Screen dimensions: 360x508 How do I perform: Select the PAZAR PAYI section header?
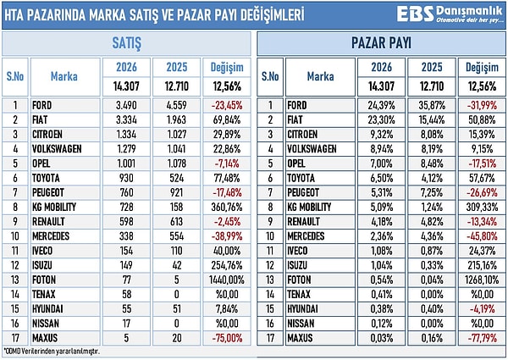(x=381, y=42)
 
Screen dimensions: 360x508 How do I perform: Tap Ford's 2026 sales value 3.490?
(x=124, y=106)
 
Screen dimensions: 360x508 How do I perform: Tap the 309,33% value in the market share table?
(x=480, y=207)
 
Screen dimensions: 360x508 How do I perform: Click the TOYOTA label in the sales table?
(x=48, y=178)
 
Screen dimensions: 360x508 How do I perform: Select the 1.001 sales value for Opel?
(x=124, y=163)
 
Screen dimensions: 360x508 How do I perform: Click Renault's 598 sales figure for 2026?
(x=124, y=221)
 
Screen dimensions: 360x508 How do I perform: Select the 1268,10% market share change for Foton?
(x=480, y=278)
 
